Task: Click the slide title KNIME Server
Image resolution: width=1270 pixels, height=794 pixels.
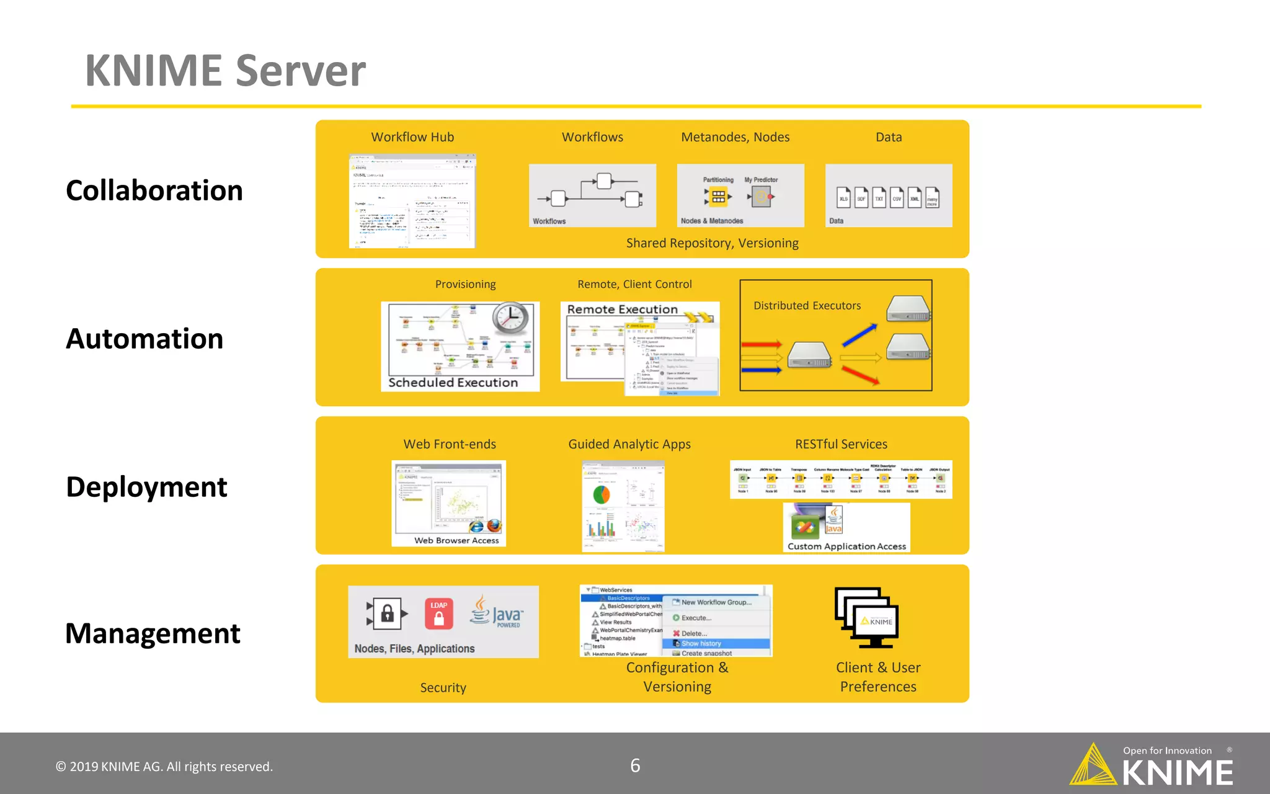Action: (225, 70)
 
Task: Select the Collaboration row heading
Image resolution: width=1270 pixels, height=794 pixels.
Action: (154, 190)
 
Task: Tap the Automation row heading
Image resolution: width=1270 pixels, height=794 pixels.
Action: (144, 339)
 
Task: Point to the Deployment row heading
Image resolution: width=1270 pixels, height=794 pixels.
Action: (146, 487)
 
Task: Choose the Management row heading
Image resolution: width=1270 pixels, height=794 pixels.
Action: (153, 633)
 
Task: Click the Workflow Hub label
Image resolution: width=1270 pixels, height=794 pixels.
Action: (412, 137)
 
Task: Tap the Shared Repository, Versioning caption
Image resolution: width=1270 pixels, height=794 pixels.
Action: (712, 243)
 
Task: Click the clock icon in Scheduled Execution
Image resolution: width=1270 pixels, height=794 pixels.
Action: (510, 319)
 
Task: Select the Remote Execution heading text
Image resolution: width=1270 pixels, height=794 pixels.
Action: (622, 309)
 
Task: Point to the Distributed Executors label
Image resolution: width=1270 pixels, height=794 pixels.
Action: (807, 305)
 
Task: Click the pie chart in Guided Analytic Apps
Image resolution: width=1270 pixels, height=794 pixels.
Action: (602, 494)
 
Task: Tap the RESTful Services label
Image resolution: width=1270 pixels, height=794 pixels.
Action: (841, 444)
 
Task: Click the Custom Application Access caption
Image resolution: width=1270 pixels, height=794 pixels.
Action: (846, 546)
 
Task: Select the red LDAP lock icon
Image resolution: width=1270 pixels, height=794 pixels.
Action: (439, 613)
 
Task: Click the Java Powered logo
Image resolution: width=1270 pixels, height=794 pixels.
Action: (497, 612)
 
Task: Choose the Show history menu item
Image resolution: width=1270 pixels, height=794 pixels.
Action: (701, 643)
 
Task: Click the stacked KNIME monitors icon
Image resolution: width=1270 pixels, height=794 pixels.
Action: (866, 617)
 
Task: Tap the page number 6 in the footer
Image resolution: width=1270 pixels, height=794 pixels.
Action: (635, 765)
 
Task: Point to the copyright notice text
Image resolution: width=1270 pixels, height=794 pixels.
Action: (164, 767)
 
